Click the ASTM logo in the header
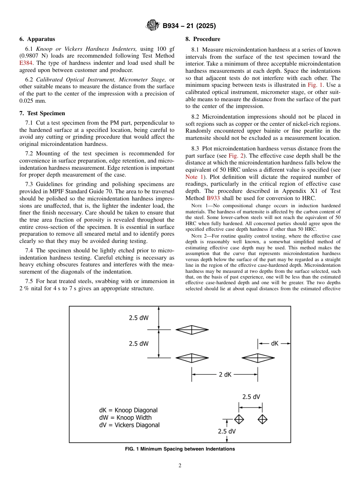pos(153,26)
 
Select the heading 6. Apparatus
pos(37,39)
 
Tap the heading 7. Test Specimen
pos(42,113)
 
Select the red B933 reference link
pos(213,198)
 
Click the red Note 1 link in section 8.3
pos(195,177)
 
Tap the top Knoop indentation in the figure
pos(192,330)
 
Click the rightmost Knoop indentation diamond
pos(258,358)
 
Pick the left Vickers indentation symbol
pos(239,419)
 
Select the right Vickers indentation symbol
pos(263,419)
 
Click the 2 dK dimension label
pos(225,374)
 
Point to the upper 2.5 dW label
pos(139,318)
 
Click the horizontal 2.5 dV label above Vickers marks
pos(251,397)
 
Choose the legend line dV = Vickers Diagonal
pos(129,425)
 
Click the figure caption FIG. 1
pos(180,449)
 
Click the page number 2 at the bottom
pos(180,466)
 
